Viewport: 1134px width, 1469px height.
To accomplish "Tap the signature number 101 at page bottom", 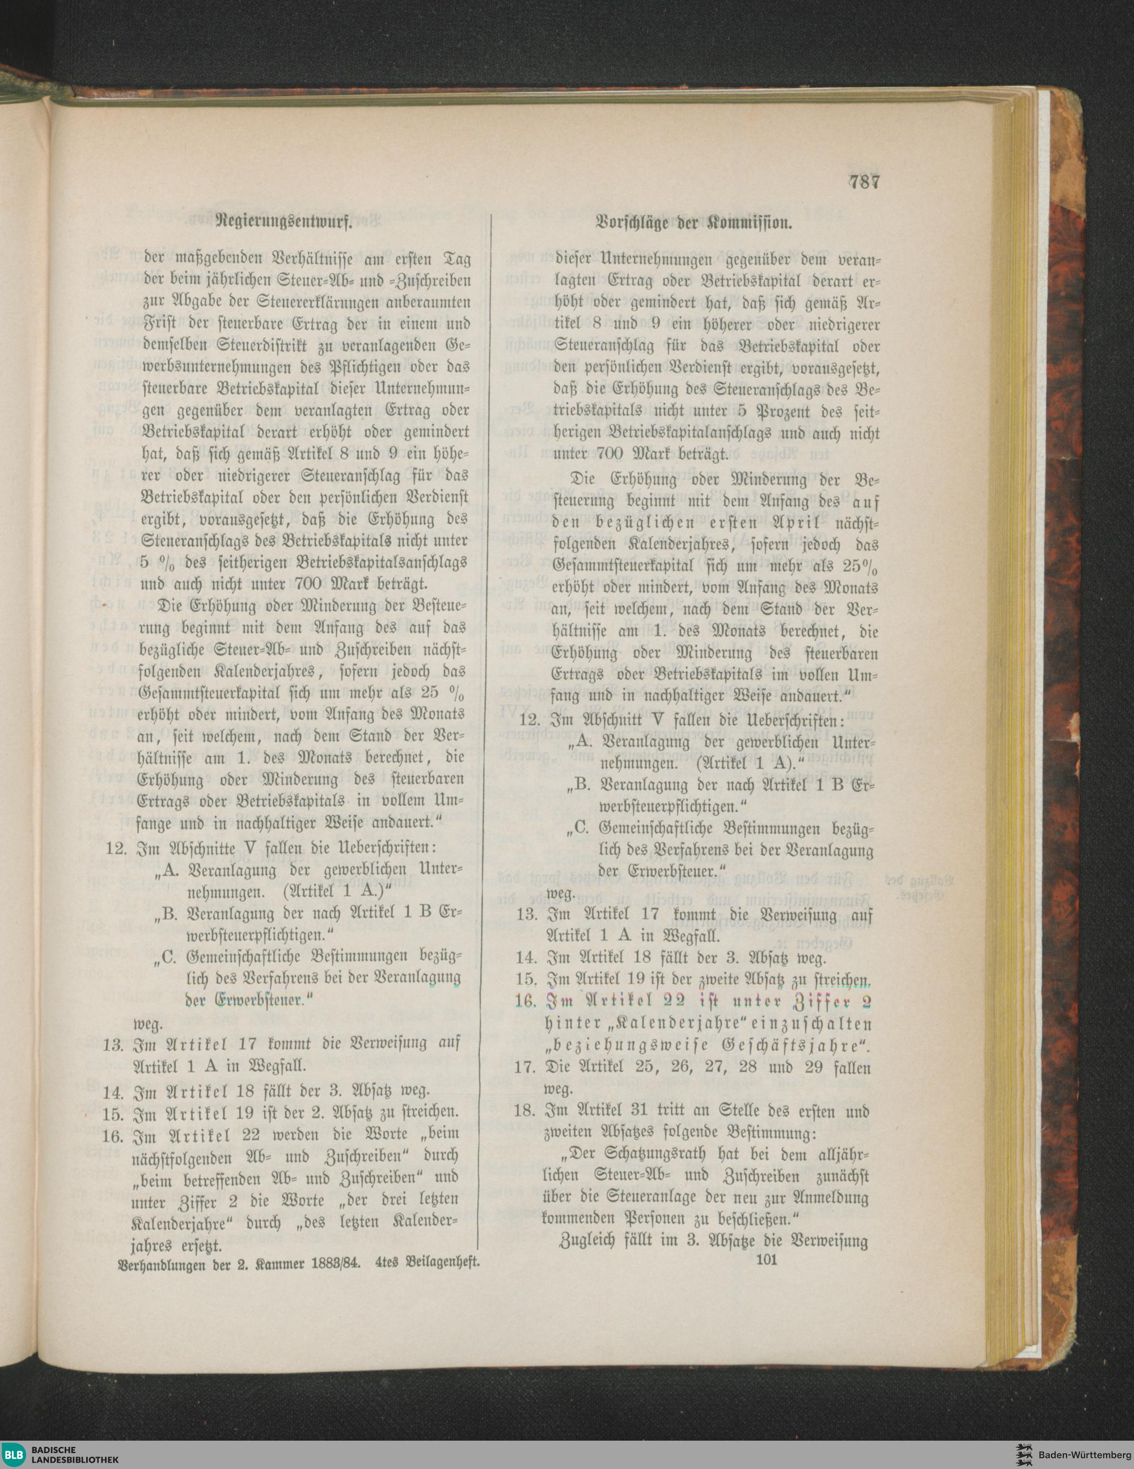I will point(767,1260).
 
